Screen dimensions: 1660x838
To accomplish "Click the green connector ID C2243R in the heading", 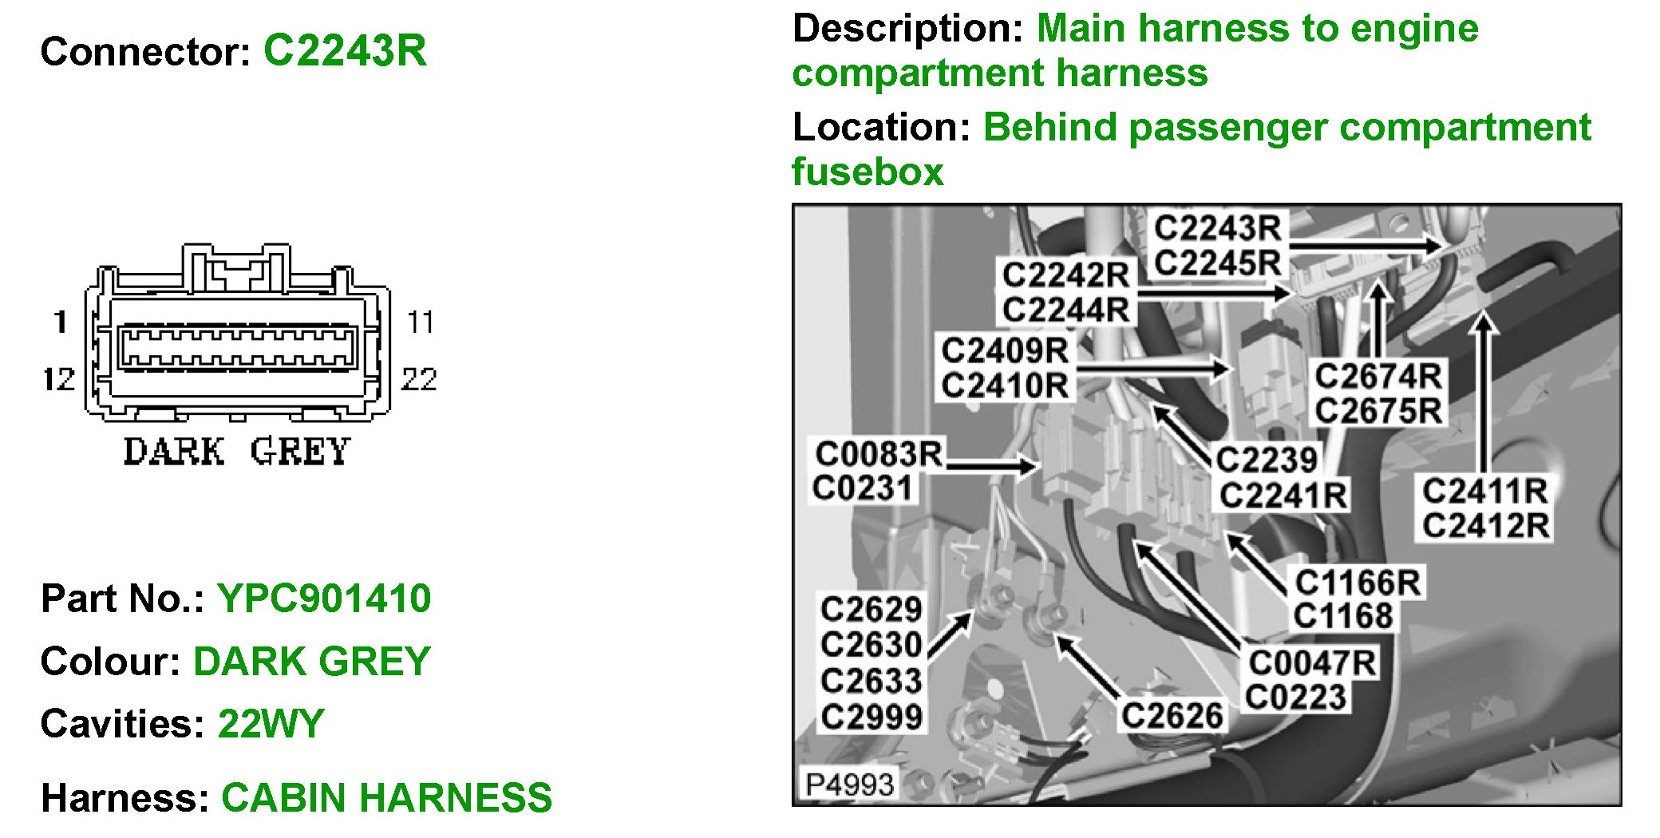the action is click(x=345, y=51).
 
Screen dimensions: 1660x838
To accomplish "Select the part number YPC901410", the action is click(x=324, y=599).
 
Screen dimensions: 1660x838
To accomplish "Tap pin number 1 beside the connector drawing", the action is click(x=61, y=322).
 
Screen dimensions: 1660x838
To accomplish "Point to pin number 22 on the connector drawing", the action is click(x=419, y=379).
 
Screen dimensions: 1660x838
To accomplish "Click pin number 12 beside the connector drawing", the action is click(x=58, y=379).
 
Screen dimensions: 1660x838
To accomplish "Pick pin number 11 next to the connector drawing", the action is click(x=420, y=322).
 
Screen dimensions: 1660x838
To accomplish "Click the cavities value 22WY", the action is click(x=271, y=724).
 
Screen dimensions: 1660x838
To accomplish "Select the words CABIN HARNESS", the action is click(x=386, y=797).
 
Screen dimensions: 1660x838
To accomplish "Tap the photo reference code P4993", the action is click(x=849, y=785).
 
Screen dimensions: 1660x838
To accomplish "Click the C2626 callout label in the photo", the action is click(x=1172, y=715).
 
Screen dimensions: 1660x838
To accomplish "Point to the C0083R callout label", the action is click(x=878, y=453).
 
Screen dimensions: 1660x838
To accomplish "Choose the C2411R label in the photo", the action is click(x=1484, y=491).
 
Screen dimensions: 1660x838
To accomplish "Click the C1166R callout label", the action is click(x=1357, y=582).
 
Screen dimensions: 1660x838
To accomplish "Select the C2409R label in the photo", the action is click(x=1004, y=350).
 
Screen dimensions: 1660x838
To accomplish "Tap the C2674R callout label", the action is click(x=1377, y=375).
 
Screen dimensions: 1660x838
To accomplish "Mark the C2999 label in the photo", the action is click(x=871, y=716).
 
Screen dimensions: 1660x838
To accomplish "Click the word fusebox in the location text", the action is click(x=868, y=172).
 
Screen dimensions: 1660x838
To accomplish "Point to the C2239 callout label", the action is click(x=1266, y=459).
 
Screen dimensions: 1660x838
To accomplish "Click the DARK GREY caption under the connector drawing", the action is click(x=237, y=452).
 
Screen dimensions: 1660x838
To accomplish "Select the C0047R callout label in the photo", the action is click(x=1312, y=662).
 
